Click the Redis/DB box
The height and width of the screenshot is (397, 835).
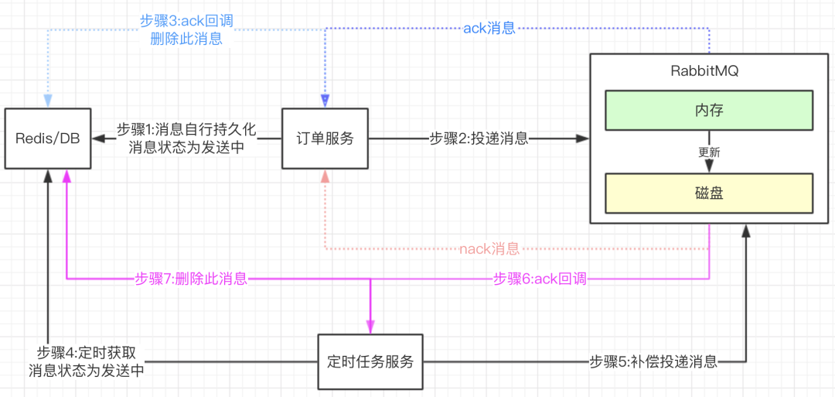click(x=47, y=139)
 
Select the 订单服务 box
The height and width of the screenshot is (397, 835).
click(x=325, y=139)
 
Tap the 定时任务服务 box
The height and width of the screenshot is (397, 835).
click(x=371, y=361)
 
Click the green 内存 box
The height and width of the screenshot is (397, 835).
click(x=708, y=111)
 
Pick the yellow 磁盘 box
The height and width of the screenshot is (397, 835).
click(x=708, y=193)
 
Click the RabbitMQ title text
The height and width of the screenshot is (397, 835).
click(x=708, y=70)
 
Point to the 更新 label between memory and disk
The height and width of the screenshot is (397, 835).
click(x=708, y=152)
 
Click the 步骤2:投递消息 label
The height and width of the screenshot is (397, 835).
click(x=479, y=139)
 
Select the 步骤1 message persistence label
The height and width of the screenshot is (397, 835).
click(x=186, y=139)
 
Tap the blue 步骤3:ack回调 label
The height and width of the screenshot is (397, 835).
click(x=186, y=30)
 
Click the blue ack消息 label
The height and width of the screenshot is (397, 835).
click(x=489, y=29)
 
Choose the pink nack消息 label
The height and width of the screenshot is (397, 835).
click(x=489, y=249)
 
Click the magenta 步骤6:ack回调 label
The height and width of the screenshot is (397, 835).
click(x=539, y=279)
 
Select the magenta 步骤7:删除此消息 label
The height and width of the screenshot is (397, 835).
click(x=191, y=279)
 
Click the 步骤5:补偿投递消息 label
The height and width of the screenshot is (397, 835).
click(x=653, y=361)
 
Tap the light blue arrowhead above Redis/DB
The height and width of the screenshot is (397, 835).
click(x=48, y=101)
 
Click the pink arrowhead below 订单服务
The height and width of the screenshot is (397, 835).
click(x=325, y=177)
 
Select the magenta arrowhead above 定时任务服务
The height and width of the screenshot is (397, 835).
click(x=371, y=326)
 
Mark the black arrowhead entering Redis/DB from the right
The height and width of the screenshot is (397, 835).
click(x=97, y=139)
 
